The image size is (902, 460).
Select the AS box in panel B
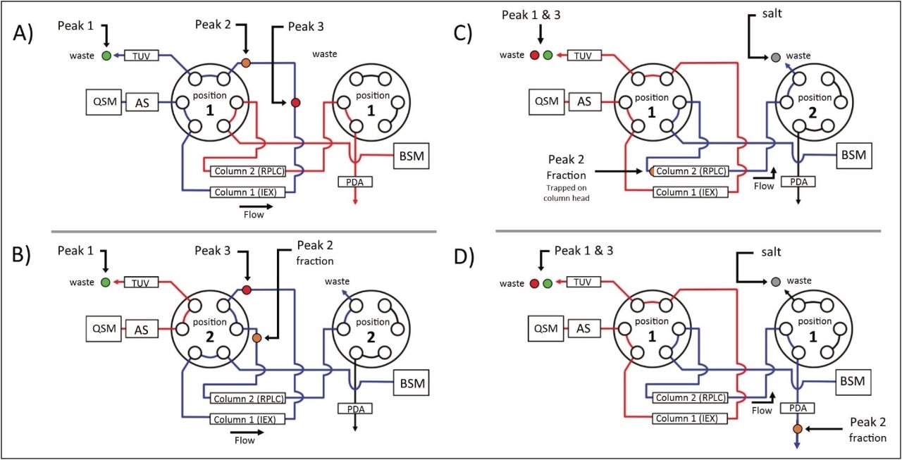point(141,329)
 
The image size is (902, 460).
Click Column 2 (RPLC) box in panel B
point(248,399)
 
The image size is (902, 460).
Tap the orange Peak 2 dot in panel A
point(245,63)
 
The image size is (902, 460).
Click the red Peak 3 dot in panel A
point(295,103)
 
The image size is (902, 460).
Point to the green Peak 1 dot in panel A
point(106,56)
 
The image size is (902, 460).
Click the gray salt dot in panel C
point(775,56)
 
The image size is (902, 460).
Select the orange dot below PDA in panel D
point(797,429)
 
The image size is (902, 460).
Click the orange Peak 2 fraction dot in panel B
point(257,338)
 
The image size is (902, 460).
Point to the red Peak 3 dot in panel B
point(246,290)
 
